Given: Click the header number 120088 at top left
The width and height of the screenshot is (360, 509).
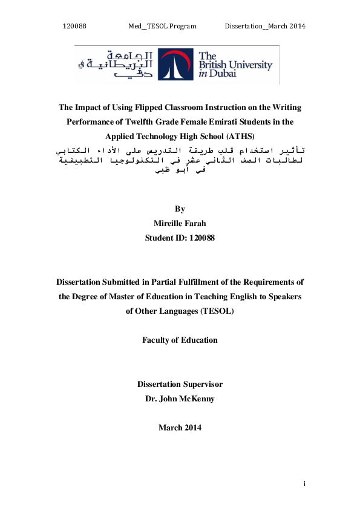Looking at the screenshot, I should [x=75, y=26].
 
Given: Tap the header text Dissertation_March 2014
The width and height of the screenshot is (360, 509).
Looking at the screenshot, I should [x=264, y=26].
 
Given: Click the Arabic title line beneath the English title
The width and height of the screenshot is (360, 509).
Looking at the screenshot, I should [x=180, y=148].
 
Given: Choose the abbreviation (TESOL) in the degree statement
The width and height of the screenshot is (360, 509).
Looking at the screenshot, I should [x=217, y=311].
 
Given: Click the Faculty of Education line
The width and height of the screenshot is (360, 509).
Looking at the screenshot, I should [x=180, y=340].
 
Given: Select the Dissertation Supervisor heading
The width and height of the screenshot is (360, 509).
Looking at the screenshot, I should [x=180, y=384].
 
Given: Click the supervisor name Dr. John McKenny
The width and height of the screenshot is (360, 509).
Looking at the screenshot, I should [x=180, y=398].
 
